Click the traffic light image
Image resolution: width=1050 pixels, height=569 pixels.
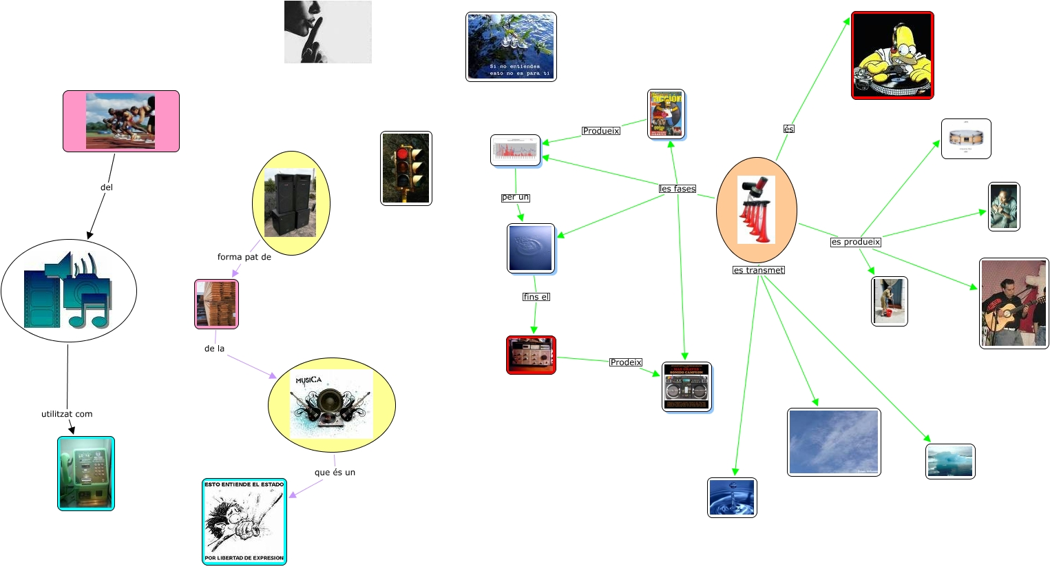tap(406, 168)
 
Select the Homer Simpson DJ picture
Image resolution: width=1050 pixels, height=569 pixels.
tap(892, 55)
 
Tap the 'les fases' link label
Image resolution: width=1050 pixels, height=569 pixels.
tap(678, 189)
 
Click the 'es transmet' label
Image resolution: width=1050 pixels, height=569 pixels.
tap(759, 270)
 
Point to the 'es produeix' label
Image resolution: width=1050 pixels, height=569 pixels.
tap(856, 242)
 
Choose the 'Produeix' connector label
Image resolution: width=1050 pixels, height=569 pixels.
tap(601, 131)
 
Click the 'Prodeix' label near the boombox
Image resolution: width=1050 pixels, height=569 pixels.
tap(626, 362)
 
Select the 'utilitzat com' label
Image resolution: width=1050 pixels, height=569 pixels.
tap(67, 414)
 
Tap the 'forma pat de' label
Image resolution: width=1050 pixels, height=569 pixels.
tap(244, 257)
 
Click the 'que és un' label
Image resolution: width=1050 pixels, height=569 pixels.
tap(335, 473)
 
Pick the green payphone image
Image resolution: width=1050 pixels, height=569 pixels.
tap(86, 473)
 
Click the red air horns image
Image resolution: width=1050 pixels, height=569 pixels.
tap(756, 209)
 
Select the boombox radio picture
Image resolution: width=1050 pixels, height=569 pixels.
tap(686, 387)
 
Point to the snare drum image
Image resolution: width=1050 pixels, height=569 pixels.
tap(966, 138)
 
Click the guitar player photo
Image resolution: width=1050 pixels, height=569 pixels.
tap(1014, 303)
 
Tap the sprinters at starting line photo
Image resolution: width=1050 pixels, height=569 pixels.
tap(120, 121)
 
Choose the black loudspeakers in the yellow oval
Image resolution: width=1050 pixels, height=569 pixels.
tap(291, 203)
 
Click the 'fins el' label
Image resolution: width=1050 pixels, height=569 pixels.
tap(536, 297)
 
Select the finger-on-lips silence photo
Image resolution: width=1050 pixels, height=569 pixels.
tap(328, 32)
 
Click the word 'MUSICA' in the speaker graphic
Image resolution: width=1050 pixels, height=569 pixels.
tap(308, 380)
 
